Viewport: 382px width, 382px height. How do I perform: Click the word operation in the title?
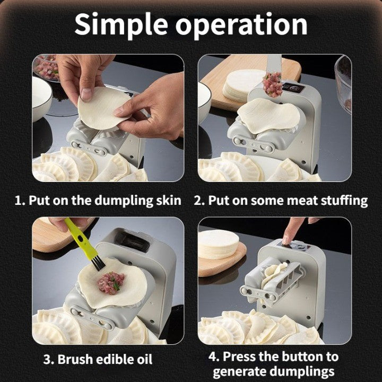click(245, 25)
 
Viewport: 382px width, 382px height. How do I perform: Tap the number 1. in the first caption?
click(20, 201)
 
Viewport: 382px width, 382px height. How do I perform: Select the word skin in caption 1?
click(168, 201)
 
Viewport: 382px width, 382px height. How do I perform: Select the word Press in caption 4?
click(244, 356)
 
